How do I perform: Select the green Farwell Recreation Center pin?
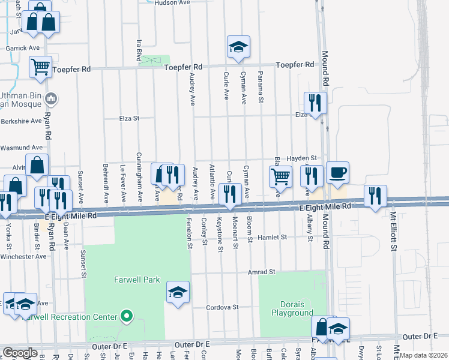(x=126, y=316)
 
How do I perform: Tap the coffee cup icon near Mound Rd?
(x=337, y=173)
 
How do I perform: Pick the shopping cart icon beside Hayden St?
(x=280, y=177)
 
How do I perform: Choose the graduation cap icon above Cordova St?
(x=178, y=292)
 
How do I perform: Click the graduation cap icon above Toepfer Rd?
(x=238, y=47)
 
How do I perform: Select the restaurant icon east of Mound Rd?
(x=375, y=196)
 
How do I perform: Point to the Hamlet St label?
(x=277, y=238)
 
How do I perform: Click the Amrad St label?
(x=261, y=272)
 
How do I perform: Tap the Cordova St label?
(x=223, y=307)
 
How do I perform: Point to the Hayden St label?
(x=301, y=158)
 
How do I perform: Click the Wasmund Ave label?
(x=22, y=147)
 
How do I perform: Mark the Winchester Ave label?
(x=23, y=256)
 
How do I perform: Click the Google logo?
(x=20, y=353)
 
